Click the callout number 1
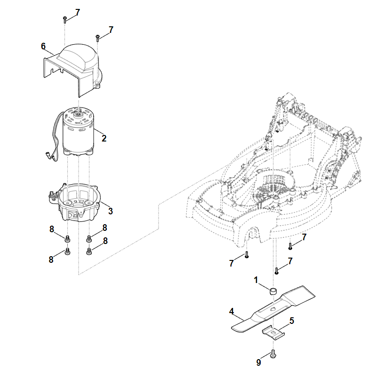click(256, 280)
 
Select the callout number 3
click(111, 210)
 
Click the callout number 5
click(292, 321)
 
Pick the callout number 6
click(43, 46)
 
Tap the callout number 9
click(258, 363)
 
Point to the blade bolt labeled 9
click(273, 355)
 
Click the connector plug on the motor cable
click(49, 154)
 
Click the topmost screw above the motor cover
click(64, 19)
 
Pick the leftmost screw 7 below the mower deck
click(246, 255)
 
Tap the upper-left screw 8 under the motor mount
click(67, 238)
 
